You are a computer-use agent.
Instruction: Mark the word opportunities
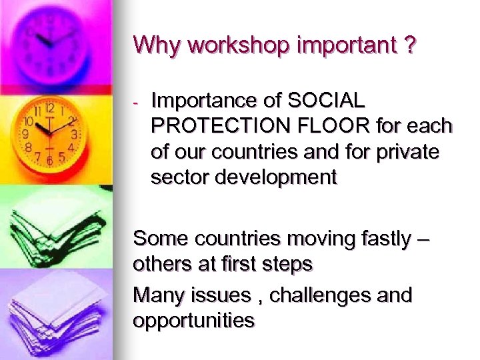(x=194, y=321)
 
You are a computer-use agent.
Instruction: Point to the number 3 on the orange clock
(x=75, y=134)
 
